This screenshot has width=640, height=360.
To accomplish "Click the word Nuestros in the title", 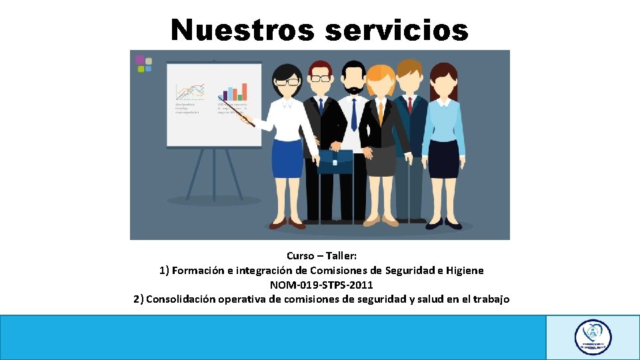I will click(x=241, y=30).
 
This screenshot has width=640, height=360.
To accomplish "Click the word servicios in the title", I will click(x=397, y=30).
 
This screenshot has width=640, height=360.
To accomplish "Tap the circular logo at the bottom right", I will click(x=593, y=337).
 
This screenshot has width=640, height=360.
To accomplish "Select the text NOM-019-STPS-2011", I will click(x=321, y=285).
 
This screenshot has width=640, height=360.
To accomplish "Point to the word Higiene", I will click(x=461, y=271).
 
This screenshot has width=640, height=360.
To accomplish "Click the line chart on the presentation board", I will click(x=189, y=92).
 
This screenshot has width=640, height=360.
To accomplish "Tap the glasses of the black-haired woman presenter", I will click(x=288, y=82).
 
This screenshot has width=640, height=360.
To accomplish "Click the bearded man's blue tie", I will click(x=354, y=114).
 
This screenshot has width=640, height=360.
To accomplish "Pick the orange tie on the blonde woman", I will click(x=381, y=112).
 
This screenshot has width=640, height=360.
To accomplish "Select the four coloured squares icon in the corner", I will click(x=143, y=63).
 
